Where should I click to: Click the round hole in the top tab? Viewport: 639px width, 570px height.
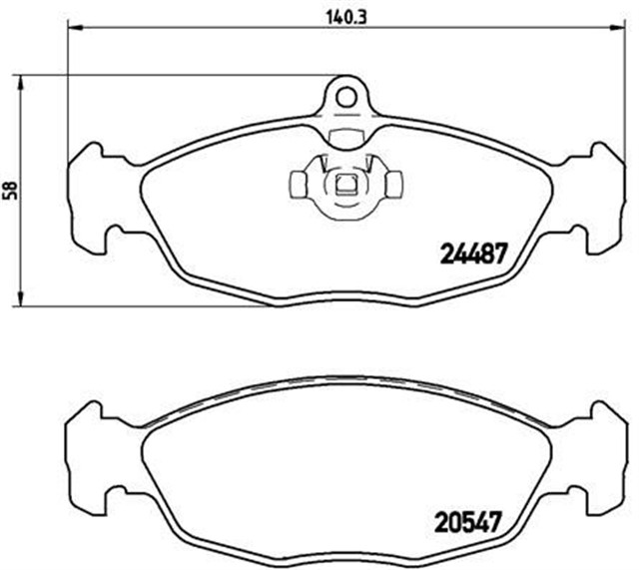345,97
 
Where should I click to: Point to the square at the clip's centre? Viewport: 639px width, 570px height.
345,183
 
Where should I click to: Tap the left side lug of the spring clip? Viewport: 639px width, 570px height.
298,183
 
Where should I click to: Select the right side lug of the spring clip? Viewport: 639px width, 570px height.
394,183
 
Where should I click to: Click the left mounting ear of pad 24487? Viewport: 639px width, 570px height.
90,196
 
